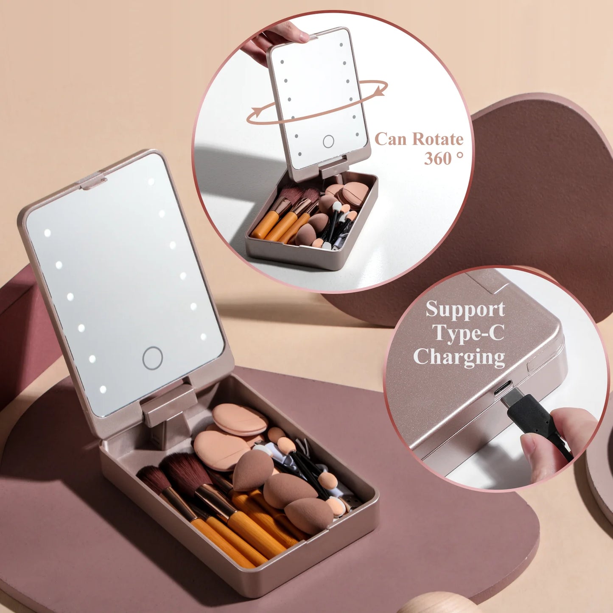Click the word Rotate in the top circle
coord(438,139)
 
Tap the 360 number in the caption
coord(438,159)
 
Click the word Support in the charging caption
coord(465,309)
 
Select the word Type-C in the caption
coord(468,333)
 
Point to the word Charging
coord(459,357)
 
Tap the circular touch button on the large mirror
coord(152,358)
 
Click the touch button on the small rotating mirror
coord(328,141)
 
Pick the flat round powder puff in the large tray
coord(240,419)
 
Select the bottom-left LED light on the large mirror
coord(103,389)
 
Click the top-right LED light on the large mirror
coord(151,182)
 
